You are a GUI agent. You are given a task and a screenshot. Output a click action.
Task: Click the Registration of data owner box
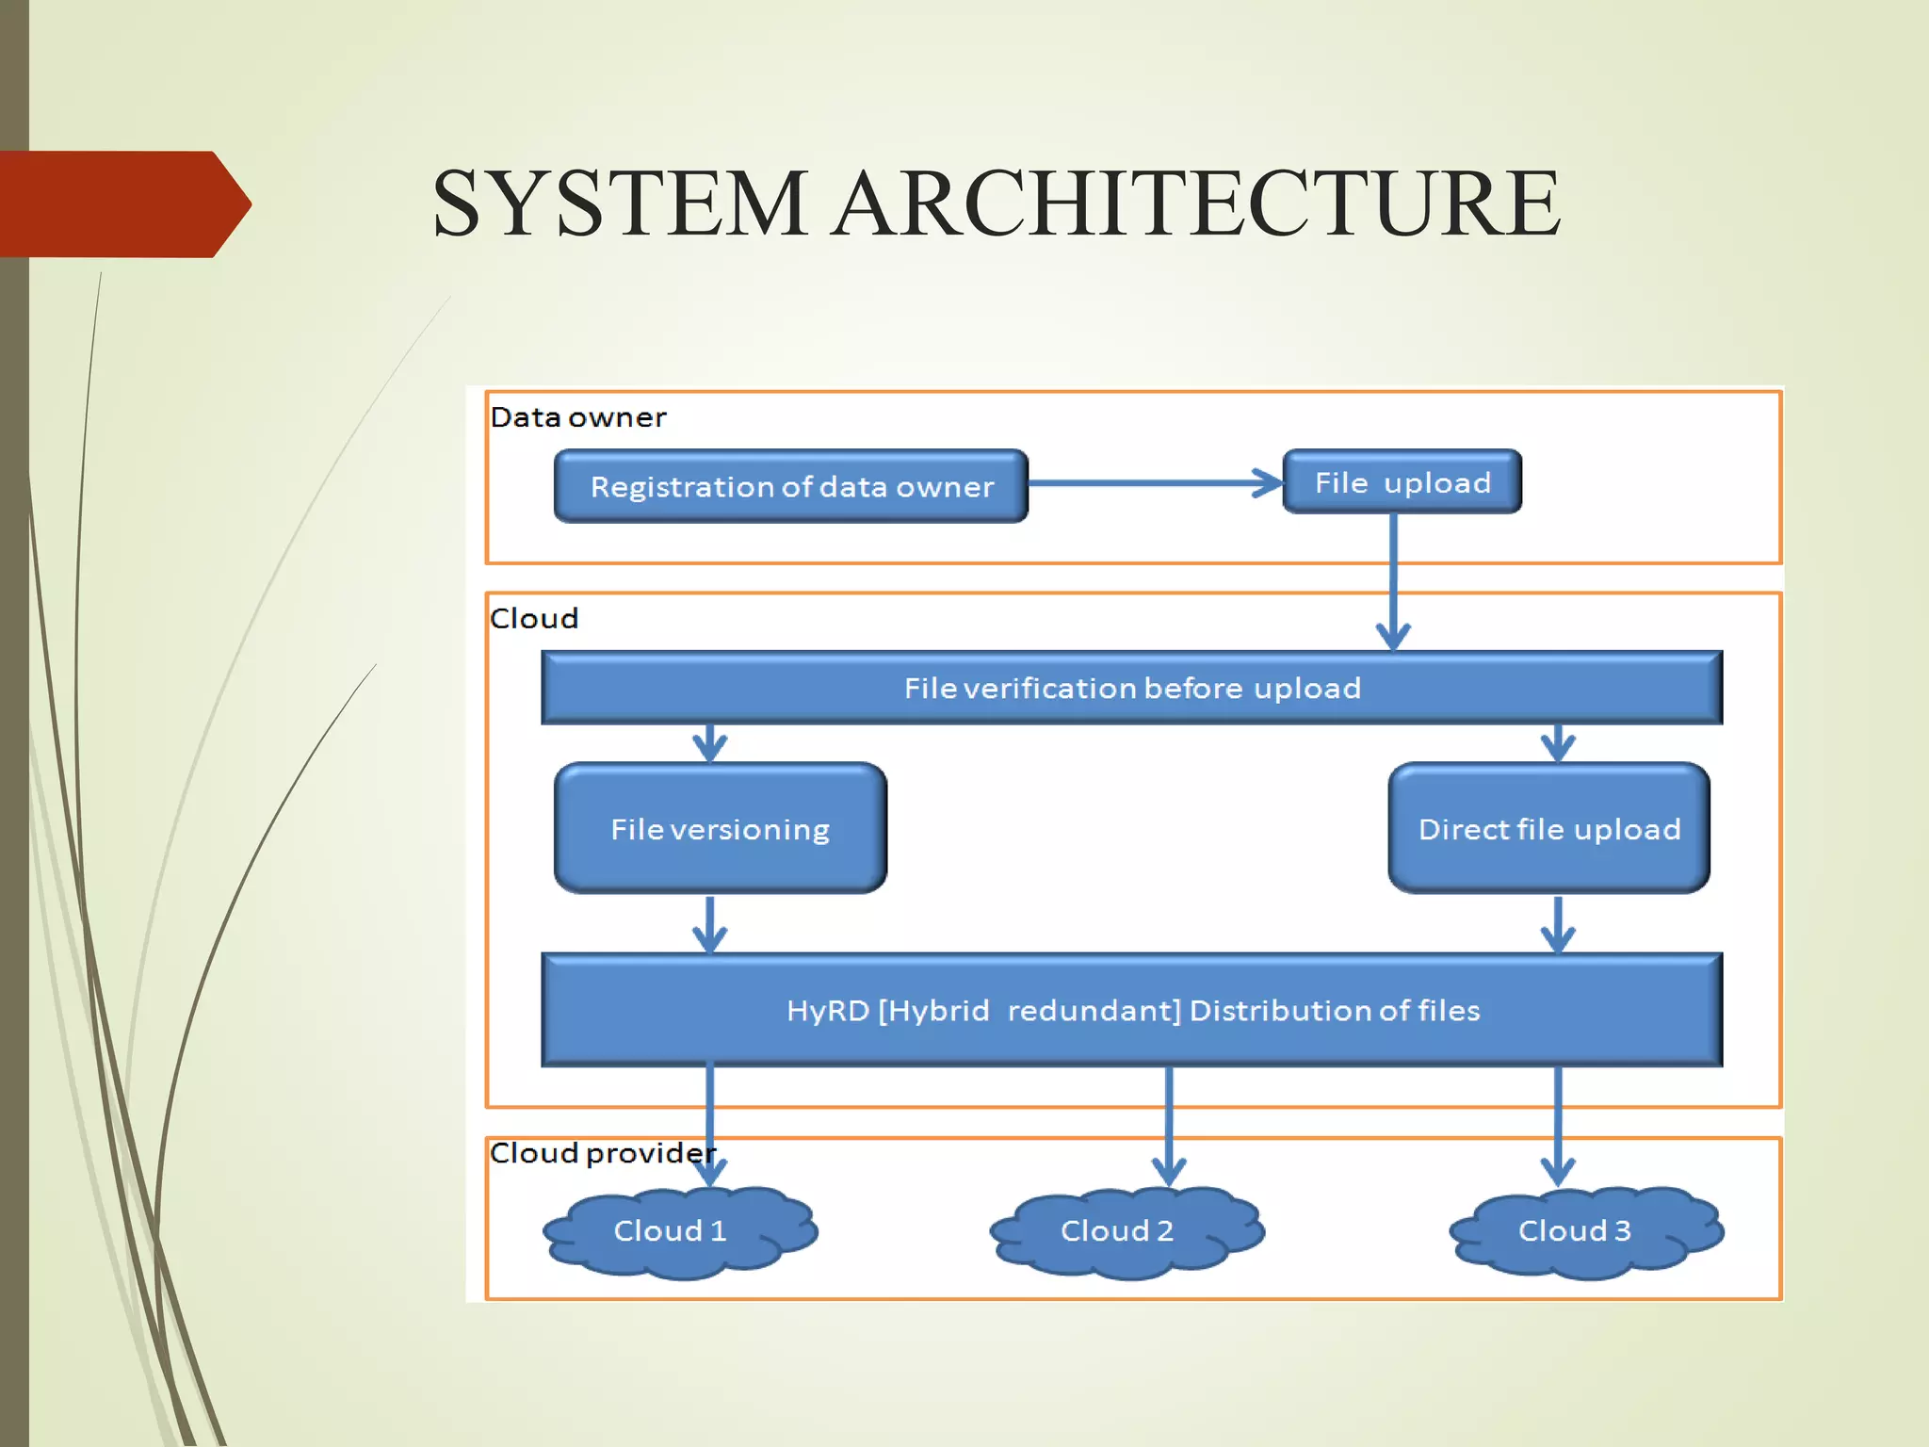pyautogui.click(x=790, y=486)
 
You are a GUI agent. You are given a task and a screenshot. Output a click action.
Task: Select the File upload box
pyautogui.click(x=1402, y=482)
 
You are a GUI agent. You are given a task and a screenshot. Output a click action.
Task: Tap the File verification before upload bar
pyautogui.click(x=1131, y=688)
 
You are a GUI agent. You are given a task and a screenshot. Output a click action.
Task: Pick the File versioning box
pyautogui.click(x=720, y=829)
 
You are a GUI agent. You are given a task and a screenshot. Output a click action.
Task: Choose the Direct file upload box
pyautogui.click(x=1548, y=829)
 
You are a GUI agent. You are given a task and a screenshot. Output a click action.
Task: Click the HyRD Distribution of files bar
pyautogui.click(x=1131, y=1010)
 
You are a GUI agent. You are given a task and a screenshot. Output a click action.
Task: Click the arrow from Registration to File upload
pyautogui.click(x=1154, y=483)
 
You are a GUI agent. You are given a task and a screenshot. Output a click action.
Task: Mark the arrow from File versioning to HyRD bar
pyautogui.click(x=709, y=923)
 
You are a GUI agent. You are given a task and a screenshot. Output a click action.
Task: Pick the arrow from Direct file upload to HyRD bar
pyautogui.click(x=1558, y=923)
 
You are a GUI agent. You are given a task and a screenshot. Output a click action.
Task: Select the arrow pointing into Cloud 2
pyautogui.click(x=1169, y=1126)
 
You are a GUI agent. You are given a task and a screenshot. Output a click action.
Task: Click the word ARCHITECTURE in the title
pyautogui.click(x=1197, y=203)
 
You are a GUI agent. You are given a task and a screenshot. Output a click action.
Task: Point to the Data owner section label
pyautogui.click(x=577, y=417)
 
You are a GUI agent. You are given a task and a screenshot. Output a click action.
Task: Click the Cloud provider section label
pyautogui.click(x=601, y=1153)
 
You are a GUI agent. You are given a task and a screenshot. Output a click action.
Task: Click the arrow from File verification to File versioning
pyautogui.click(x=709, y=742)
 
